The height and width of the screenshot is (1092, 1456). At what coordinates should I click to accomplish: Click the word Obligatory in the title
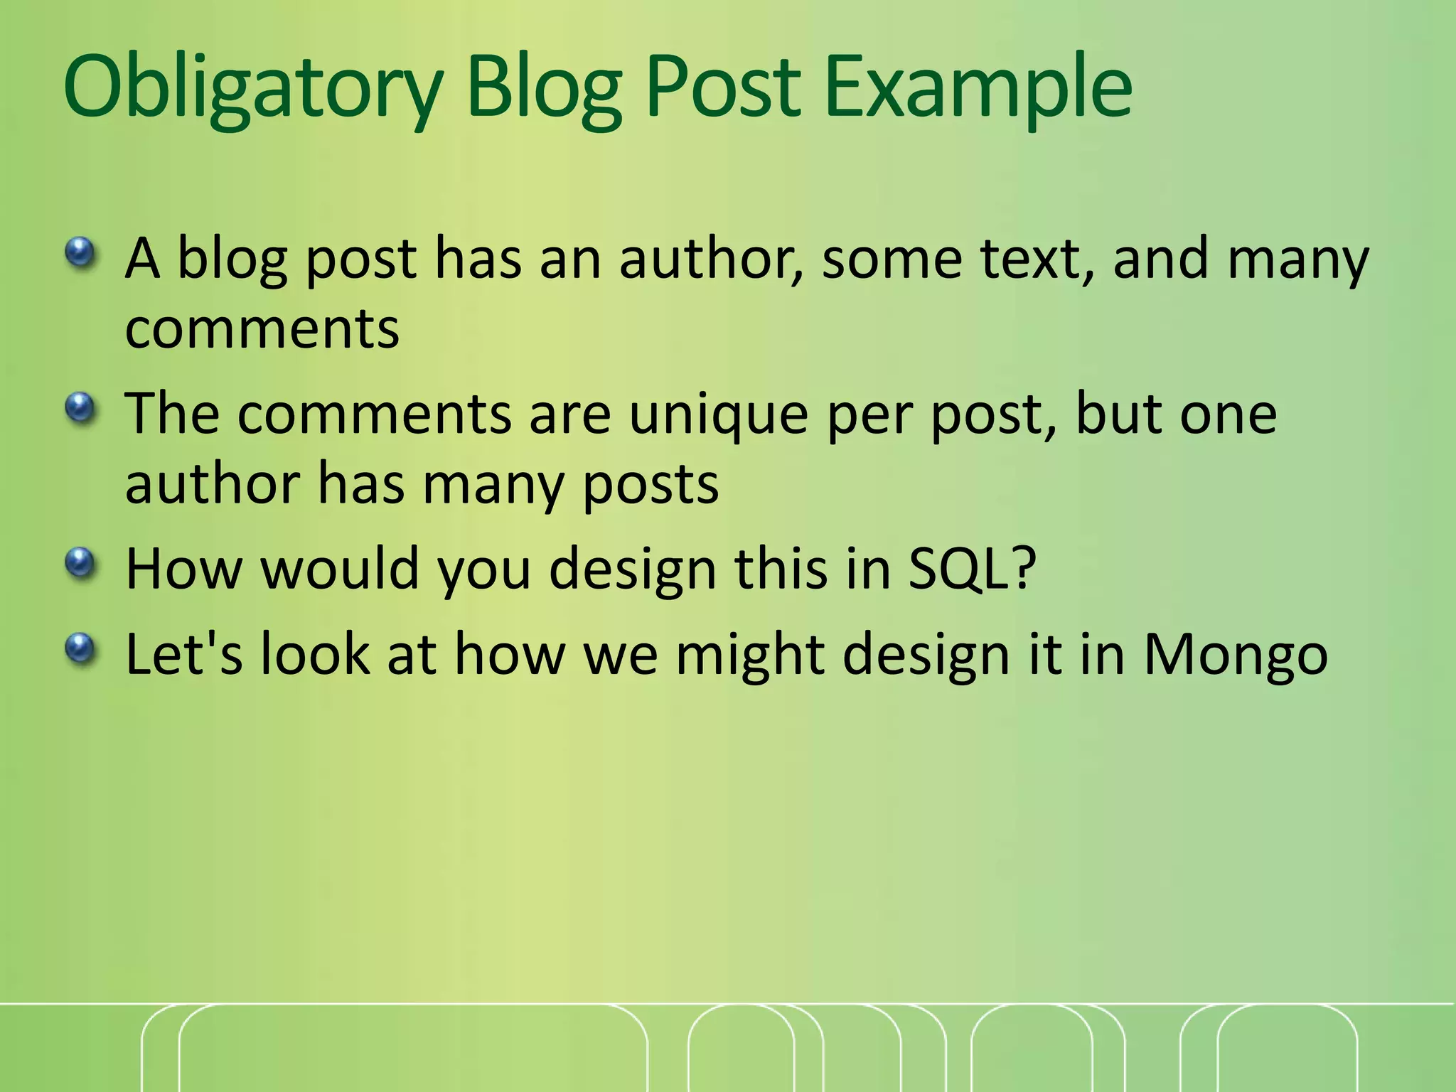[x=252, y=89]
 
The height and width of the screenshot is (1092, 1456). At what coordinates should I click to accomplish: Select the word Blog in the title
[x=544, y=89]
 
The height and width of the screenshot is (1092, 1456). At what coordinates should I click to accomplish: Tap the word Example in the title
[x=978, y=89]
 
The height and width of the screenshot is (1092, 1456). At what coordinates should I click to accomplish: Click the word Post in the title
[x=725, y=89]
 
